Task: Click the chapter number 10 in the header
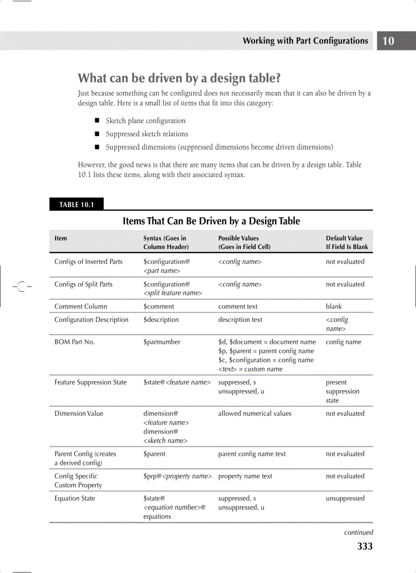388,41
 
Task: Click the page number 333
365,546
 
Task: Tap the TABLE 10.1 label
76,205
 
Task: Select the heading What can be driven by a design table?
179,79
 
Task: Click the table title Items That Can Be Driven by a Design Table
211,221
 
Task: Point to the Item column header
61,238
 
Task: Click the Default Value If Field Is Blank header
347,242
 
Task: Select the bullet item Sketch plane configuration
145,121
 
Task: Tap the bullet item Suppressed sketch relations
147,134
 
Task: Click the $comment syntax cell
159,307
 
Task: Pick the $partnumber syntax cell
162,342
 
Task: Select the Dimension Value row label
79,413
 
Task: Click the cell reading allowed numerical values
254,413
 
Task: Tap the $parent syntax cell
154,454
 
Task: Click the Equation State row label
74,498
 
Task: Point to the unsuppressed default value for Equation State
345,498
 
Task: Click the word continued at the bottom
358,532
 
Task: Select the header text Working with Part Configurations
305,41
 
